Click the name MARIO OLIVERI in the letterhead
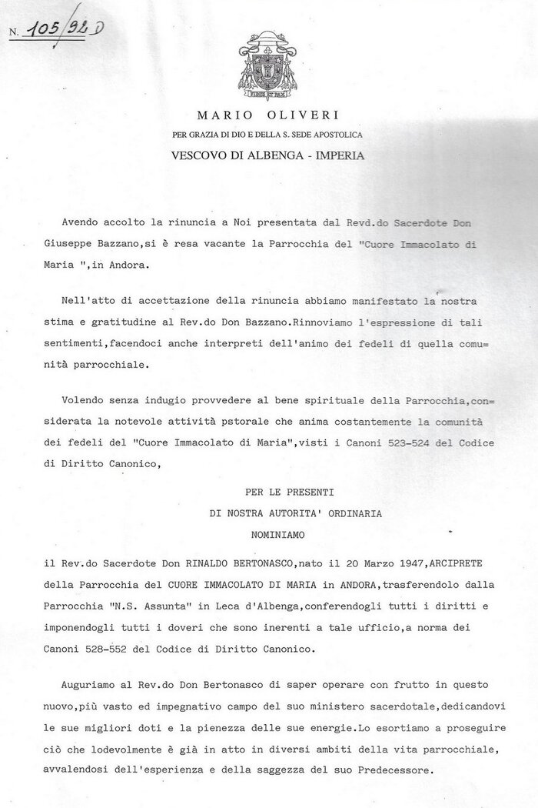coord(268,117)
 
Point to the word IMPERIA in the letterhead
coord(335,154)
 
